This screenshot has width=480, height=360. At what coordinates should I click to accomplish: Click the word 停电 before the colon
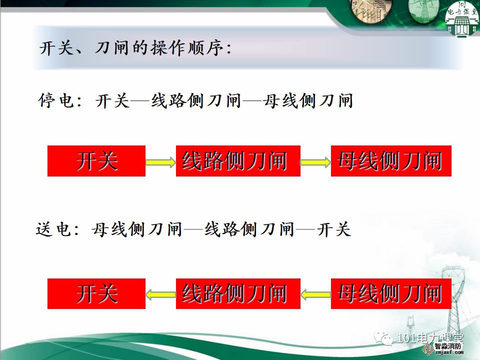(x=56, y=100)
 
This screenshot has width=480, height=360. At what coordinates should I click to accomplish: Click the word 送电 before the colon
(x=53, y=229)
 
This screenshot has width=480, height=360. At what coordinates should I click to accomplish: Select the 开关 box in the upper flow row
(x=96, y=161)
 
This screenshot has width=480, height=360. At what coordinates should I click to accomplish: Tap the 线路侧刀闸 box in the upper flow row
(x=238, y=161)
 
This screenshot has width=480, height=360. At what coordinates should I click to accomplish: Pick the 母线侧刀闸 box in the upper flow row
(x=391, y=161)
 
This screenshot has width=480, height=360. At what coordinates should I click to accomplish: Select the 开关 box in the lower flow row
(x=96, y=293)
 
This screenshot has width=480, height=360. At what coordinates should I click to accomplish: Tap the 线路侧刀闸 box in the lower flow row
(x=238, y=293)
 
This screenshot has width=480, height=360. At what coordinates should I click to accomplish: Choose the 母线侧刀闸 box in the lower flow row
(x=391, y=293)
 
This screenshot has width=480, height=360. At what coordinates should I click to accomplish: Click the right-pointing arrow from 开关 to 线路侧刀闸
(x=160, y=162)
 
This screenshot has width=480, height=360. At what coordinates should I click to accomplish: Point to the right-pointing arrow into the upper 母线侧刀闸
(x=315, y=162)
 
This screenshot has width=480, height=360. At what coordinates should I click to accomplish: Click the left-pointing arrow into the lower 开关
(x=160, y=295)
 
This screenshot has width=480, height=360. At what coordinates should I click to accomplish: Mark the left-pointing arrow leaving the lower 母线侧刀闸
(x=315, y=295)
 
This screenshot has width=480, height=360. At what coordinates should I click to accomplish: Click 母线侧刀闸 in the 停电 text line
(x=308, y=100)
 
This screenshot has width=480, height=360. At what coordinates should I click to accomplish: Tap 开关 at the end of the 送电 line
(x=333, y=229)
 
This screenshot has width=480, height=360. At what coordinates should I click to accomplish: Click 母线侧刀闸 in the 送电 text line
(x=137, y=229)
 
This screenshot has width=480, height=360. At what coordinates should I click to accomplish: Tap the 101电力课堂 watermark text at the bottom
(x=430, y=338)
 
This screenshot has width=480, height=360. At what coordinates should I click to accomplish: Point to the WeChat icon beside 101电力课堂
(x=384, y=338)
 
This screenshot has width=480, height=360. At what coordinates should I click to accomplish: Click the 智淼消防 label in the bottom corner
(x=448, y=346)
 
